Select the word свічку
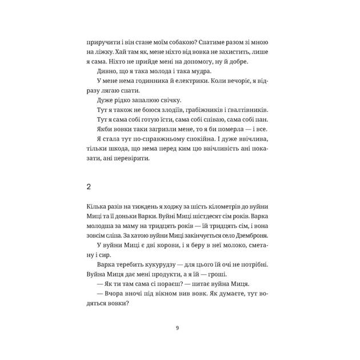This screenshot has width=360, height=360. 150,100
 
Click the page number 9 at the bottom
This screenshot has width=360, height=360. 177,327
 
